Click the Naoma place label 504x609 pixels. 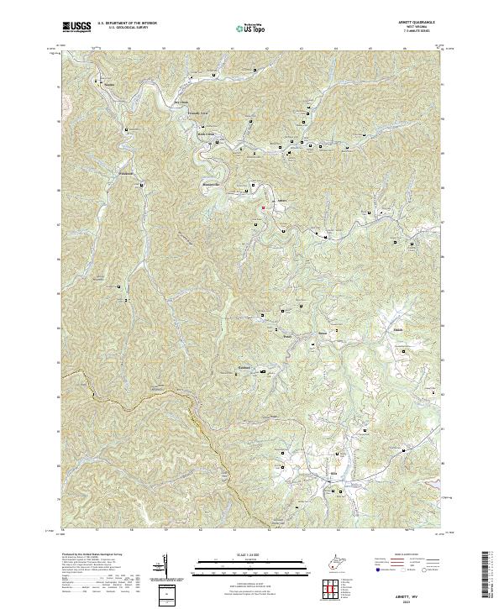(109, 85)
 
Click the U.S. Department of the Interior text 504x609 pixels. (133, 24)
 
